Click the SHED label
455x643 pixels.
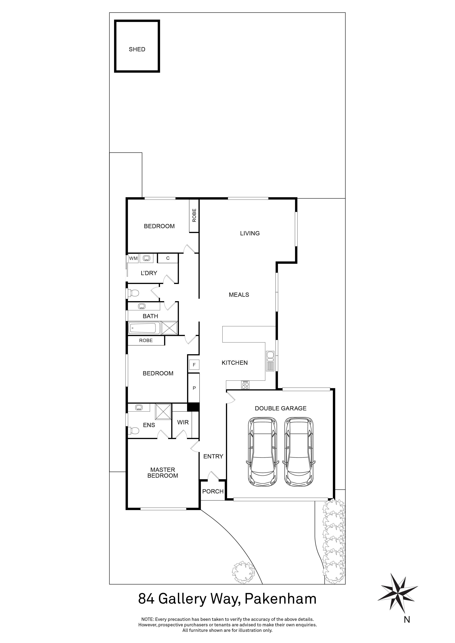point(137,49)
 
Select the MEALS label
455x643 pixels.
point(239,295)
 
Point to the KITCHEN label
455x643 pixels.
point(235,363)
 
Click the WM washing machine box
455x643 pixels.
point(133,258)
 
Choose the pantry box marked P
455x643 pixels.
point(194,388)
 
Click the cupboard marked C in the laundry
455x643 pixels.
point(168,258)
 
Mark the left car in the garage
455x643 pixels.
point(262,452)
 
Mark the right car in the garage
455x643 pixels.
point(299,452)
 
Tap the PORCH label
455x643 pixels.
point(213,491)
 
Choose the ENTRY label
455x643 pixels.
point(213,456)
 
